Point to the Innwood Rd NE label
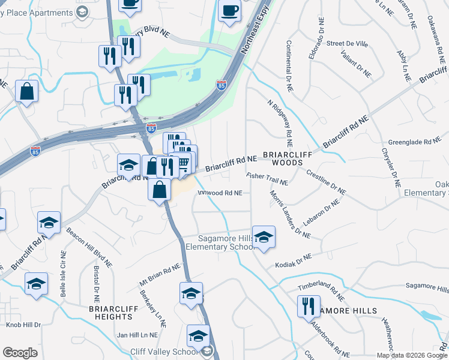[220, 193]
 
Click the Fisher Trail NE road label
[267, 179]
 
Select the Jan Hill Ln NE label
[137, 335]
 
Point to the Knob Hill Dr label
[23, 325]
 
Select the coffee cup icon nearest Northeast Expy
[229, 10]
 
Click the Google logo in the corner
[20, 353]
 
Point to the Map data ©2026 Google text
[411, 355]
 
